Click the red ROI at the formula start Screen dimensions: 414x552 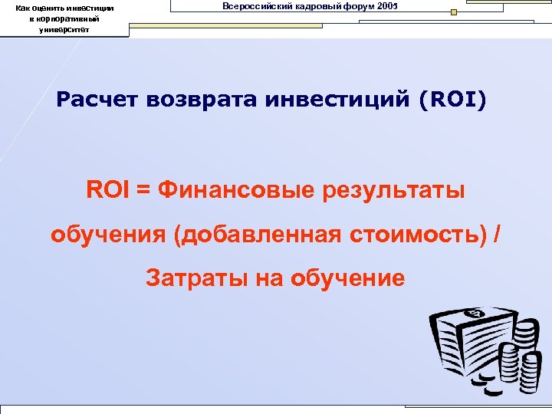pos(107,189)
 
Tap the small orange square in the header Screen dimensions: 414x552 pos(454,12)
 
